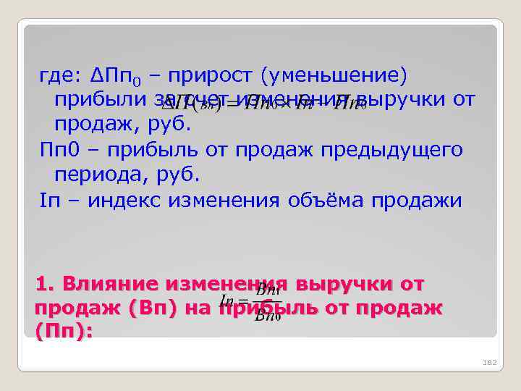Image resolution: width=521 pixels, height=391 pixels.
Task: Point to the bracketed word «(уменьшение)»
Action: click(x=335, y=75)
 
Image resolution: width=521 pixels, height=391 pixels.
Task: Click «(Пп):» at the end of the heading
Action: click(x=63, y=330)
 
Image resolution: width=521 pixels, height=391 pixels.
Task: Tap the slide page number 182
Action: click(x=488, y=362)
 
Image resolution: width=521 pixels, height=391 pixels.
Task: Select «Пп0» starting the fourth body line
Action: click(x=57, y=150)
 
